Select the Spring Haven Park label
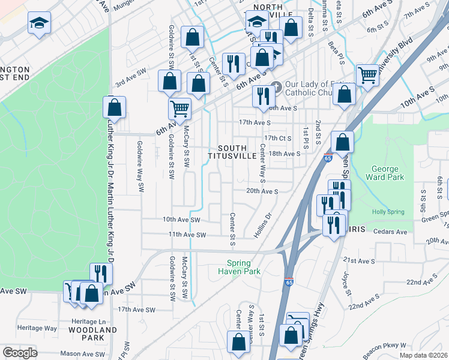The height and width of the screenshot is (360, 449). pyautogui.click(x=243, y=267)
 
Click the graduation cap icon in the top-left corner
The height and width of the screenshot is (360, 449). pyautogui.click(x=40, y=23)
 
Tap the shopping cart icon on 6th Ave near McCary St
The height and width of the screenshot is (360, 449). pyautogui.click(x=179, y=109)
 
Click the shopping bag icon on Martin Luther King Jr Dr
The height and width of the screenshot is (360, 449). pyautogui.click(x=114, y=108)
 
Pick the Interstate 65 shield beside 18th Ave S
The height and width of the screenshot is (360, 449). pyautogui.click(x=328, y=158)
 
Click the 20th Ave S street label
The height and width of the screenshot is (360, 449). pyautogui.click(x=262, y=191)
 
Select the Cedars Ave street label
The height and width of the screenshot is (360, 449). pyautogui.click(x=390, y=232)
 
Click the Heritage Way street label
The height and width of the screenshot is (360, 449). pyautogui.click(x=37, y=328)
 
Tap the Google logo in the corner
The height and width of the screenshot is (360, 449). pyautogui.click(x=20, y=353)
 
